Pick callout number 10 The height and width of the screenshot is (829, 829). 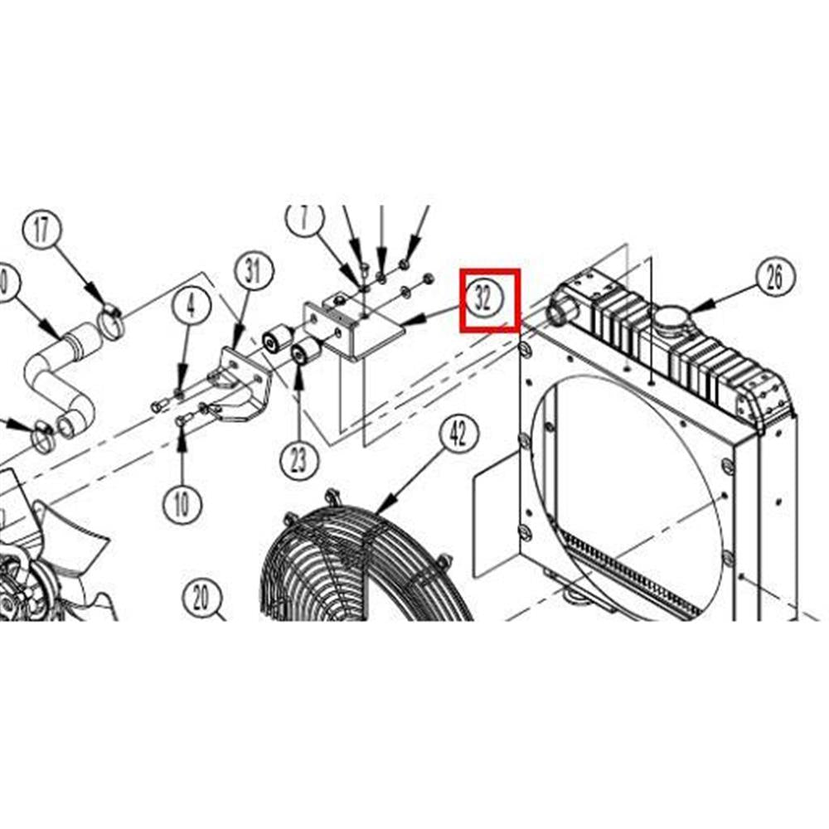pos(182,502)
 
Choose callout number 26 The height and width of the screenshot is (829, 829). pos(774,277)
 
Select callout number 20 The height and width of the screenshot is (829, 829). pos(201,597)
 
